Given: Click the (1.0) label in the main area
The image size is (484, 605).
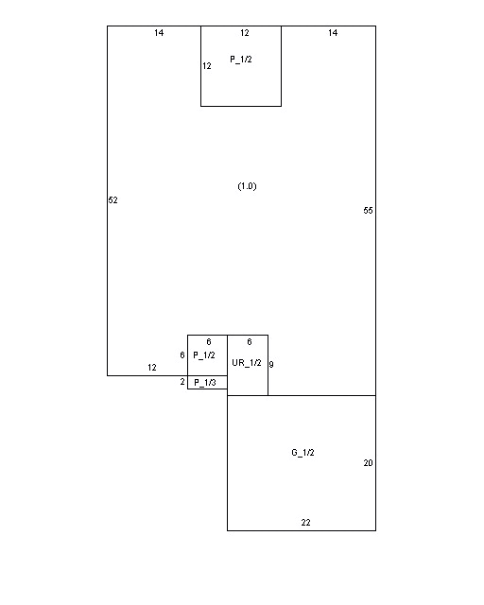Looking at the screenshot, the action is point(247,186).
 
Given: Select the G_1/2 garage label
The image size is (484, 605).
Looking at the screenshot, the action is point(302,452).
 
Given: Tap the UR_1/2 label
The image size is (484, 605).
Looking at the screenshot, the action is point(247,363).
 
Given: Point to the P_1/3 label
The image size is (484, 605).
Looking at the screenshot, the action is point(205,382).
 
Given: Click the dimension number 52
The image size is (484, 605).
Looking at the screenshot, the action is point(112,199).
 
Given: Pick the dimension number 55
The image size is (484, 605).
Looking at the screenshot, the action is point(369,210).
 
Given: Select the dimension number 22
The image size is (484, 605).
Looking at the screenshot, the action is point(305,523).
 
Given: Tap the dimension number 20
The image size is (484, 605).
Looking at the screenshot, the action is point(369,463).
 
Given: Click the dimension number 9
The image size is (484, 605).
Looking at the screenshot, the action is point(271,364).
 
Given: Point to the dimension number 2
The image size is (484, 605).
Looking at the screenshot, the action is point(182,382).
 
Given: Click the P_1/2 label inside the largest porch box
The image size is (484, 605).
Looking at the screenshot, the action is point(241,59).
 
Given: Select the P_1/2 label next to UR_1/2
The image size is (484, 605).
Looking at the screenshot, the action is point(204,355).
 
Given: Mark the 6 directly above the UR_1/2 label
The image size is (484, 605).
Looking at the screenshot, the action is point(250,342).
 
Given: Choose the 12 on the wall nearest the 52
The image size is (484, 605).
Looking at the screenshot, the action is point(152,368).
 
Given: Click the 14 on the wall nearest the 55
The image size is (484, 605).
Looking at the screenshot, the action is point(333,33).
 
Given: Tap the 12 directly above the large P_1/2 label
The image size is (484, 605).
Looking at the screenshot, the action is point(245,33).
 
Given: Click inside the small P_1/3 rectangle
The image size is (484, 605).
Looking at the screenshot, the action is point(207,382).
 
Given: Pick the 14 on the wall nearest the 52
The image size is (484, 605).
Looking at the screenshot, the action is point(159,33).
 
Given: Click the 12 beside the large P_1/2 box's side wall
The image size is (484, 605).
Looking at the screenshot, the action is point(207,66).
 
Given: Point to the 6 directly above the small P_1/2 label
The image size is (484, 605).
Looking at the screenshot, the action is point(209,342).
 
